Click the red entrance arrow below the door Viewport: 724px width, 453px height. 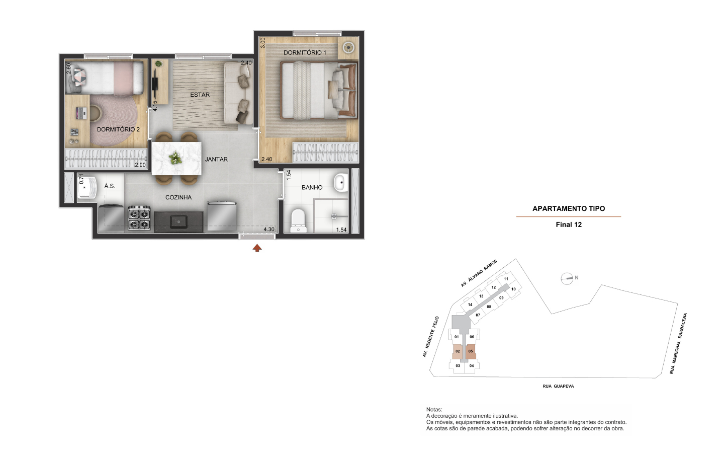[257, 248]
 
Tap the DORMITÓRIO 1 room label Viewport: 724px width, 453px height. [305, 52]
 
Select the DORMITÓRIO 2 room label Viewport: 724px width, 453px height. [118, 129]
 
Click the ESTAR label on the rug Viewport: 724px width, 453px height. [200, 95]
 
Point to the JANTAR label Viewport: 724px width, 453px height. [216, 159]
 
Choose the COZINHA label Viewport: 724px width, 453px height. [178, 197]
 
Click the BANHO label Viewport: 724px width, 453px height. [312, 187]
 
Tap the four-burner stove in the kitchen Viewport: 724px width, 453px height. [139, 218]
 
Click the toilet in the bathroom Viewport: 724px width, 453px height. [298, 220]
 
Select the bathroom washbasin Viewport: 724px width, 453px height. [341, 183]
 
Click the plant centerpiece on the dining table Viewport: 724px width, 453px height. [175, 158]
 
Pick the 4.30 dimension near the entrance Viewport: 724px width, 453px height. [269, 230]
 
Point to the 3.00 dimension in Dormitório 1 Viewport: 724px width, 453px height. [263, 43]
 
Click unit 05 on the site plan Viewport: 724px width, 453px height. [471, 351]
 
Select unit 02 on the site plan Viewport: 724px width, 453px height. [458, 351]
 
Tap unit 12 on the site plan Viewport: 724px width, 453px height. [494, 287]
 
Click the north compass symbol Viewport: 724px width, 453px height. [567, 278]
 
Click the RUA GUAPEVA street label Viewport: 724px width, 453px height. [558, 386]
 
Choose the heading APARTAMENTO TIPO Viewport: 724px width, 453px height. [569, 209]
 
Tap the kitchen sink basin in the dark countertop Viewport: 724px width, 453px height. [178, 221]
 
